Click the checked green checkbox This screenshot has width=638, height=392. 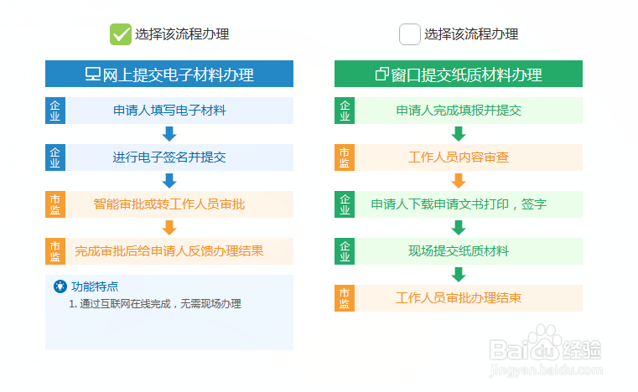pos(121,34)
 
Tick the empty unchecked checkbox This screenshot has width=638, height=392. pos(410,34)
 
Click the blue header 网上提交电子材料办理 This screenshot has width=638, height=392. pos(169,74)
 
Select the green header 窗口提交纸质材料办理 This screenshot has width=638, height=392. pos(459,74)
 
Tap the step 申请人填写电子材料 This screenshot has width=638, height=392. pos(169,111)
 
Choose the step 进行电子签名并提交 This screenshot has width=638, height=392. pos(169,157)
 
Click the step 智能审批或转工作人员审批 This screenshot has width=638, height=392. pos(169,204)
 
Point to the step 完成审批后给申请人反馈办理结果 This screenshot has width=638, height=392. pos(169,251)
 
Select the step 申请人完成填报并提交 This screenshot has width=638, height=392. pos(459,111)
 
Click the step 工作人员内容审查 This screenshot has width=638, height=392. pos(459,157)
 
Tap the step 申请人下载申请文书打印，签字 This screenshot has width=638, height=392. pos(459,204)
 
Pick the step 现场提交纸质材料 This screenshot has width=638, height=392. pos(459,251)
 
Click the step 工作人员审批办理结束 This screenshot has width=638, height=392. pos(459,298)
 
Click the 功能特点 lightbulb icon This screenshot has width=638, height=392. pos(60,286)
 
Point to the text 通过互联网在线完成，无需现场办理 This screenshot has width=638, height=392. pos(160,304)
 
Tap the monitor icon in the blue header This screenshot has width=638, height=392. pos(93,74)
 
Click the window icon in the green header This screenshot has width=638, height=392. pos(382,74)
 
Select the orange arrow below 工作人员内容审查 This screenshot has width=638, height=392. pos(459,181)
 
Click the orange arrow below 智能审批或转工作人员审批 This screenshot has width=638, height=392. pos(169,228)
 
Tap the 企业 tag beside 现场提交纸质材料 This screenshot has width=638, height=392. pos(345,251)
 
